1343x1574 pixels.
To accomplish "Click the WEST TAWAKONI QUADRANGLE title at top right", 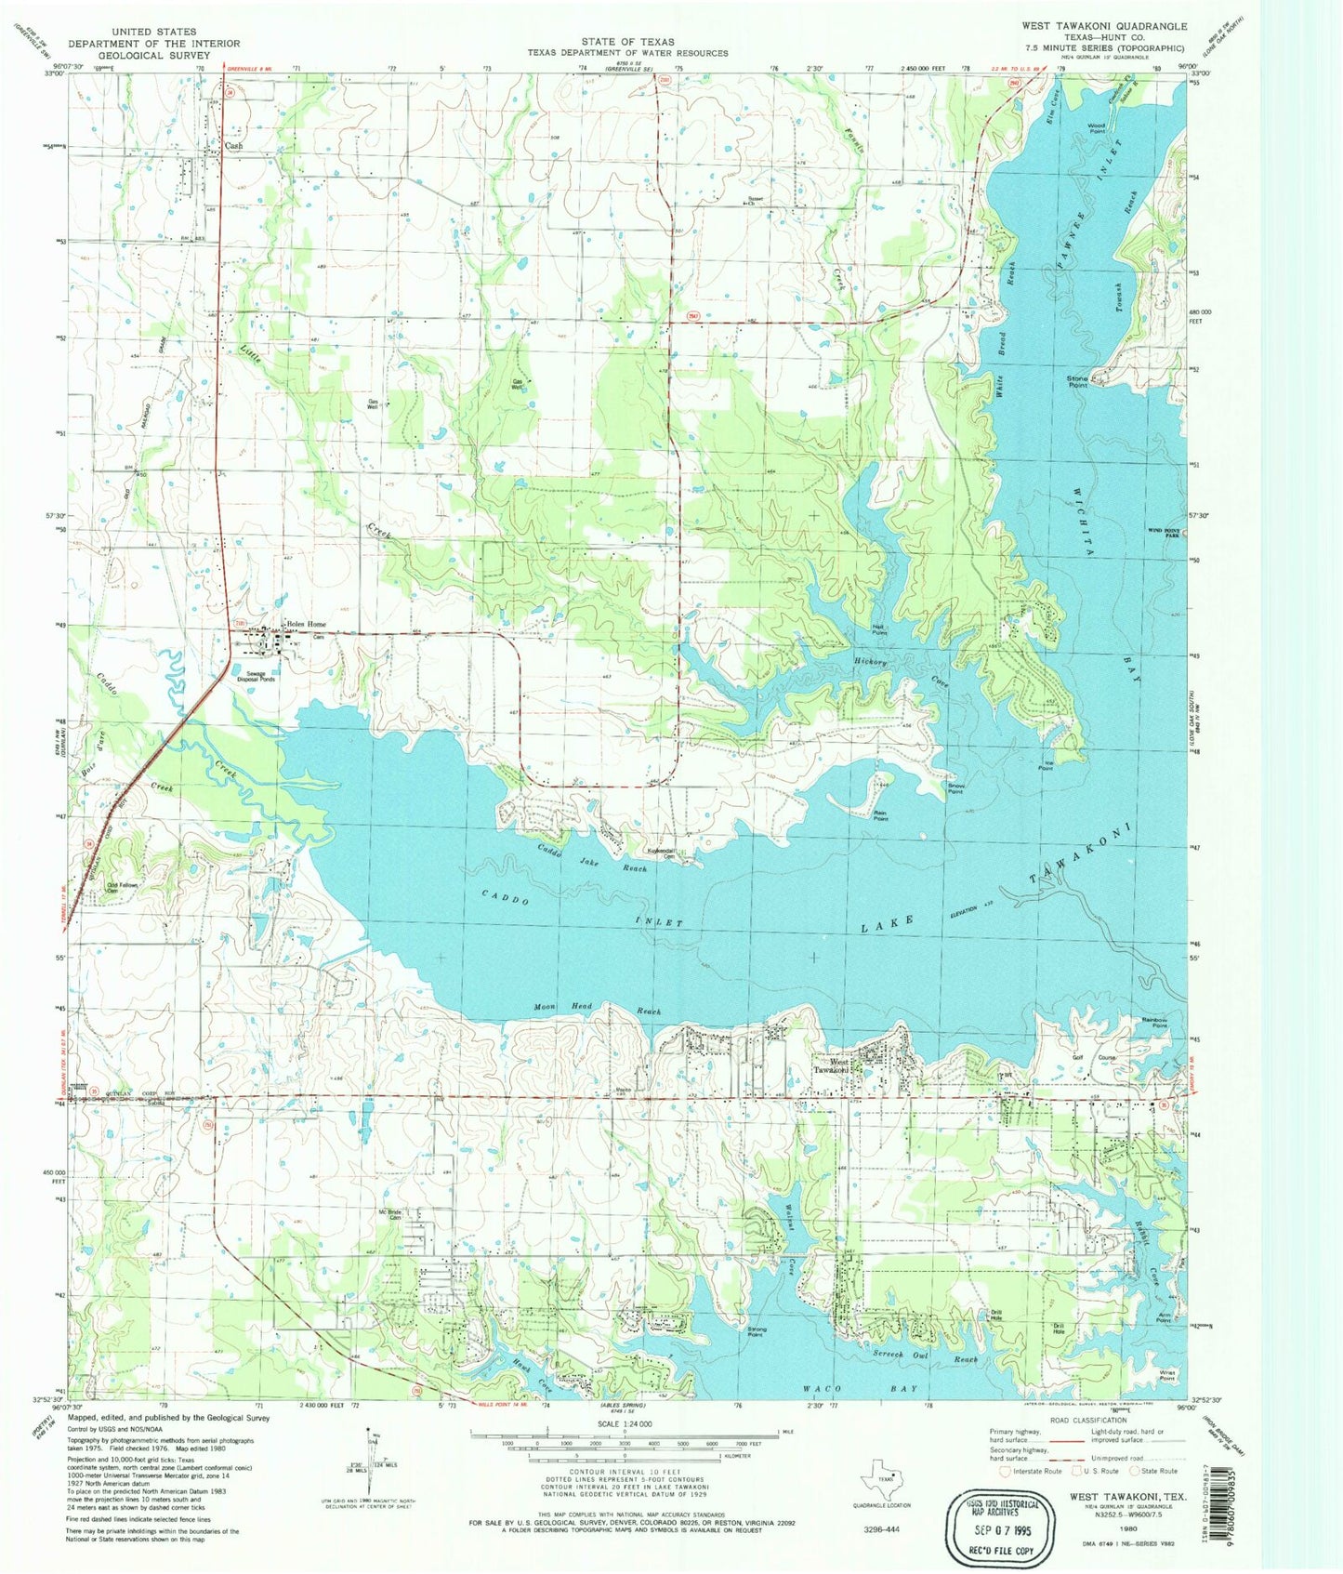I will [x=1103, y=26].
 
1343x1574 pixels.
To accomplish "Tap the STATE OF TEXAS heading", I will [x=628, y=42].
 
